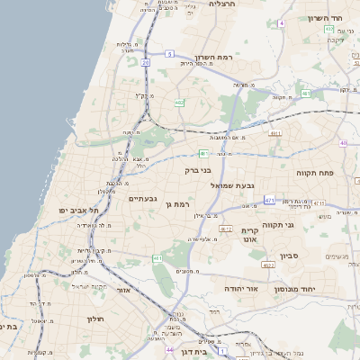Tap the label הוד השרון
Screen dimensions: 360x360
[326, 19]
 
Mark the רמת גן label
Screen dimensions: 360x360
[181, 205]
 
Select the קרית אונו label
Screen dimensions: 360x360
[250, 236]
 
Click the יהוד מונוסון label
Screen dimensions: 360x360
[310, 288]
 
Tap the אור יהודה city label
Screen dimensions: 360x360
[241, 288]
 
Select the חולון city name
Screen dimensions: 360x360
[96, 319]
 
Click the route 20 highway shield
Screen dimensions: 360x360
[145, 63]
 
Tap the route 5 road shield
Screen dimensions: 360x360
[168, 54]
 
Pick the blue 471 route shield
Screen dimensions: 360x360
[269, 199]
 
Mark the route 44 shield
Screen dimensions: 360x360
[169, 348]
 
